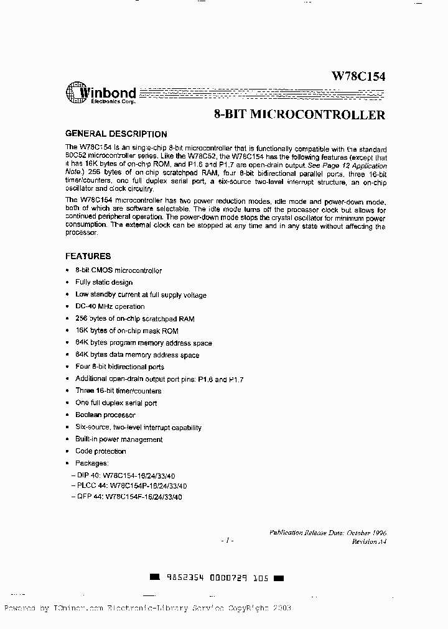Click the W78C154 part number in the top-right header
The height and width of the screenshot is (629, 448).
tap(358, 77)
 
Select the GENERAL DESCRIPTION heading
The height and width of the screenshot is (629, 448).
tap(116, 134)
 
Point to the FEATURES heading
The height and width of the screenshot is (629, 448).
tap(88, 256)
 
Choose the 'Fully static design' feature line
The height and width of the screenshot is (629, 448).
tap(104, 282)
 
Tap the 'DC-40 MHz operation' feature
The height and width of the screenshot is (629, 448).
tap(110, 306)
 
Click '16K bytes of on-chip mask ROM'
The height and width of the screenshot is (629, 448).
tap(127, 331)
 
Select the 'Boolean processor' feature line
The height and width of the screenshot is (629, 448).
tap(105, 415)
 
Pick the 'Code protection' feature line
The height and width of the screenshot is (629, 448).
tap(100, 451)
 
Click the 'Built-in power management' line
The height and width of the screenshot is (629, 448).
tap(119, 439)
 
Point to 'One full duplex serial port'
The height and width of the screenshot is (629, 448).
tap(116, 403)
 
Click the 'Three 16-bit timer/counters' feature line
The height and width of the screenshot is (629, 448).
tap(118, 391)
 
